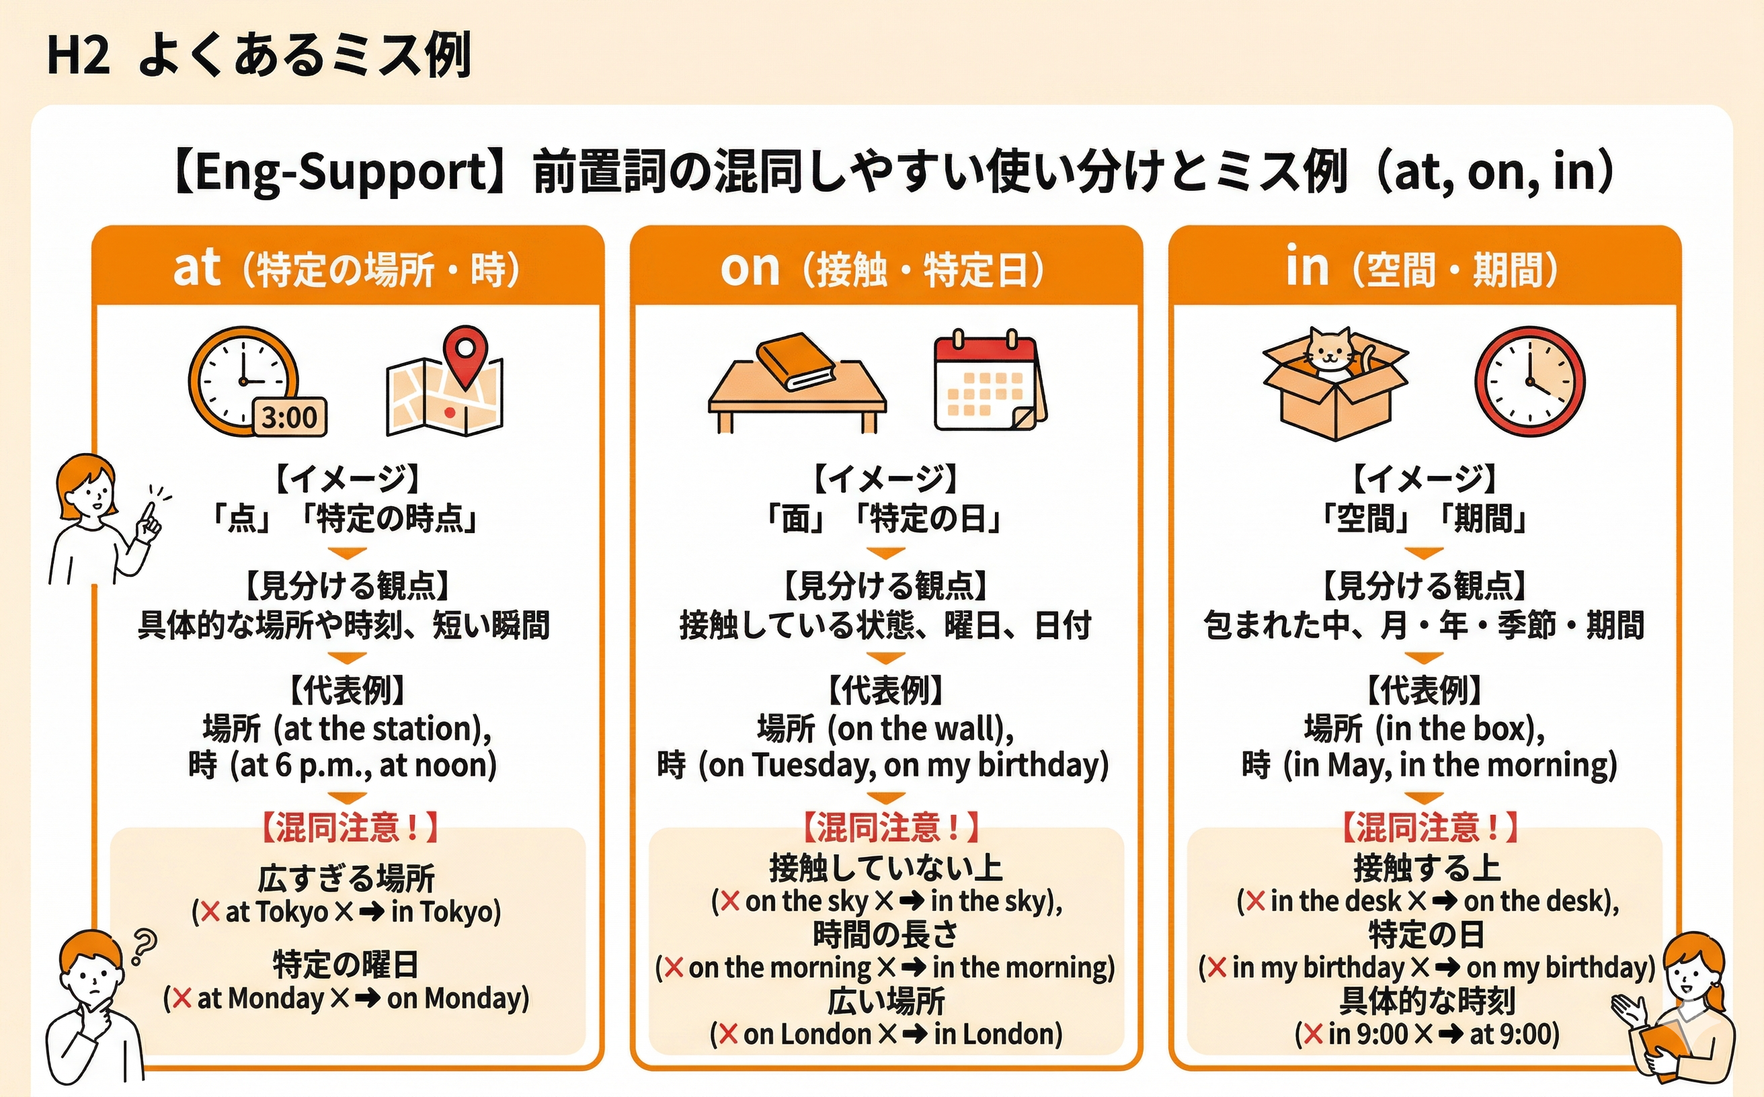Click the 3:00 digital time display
coord(290,418)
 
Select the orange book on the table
coord(795,360)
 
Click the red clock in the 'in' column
coord(1529,382)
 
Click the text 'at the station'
coord(378,729)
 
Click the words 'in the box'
coord(1459,729)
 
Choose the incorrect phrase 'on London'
coord(807,1034)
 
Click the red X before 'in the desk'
coord(1255,901)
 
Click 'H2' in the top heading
coord(77,56)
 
